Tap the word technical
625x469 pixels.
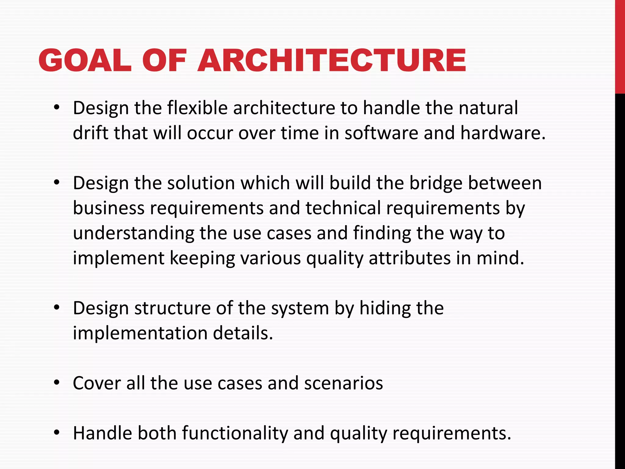(343, 208)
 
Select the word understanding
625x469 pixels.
(134, 234)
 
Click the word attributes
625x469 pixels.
(410, 258)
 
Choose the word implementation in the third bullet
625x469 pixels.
(140, 333)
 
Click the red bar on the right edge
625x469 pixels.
(620, 46)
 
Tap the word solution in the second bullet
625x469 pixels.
(201, 183)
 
